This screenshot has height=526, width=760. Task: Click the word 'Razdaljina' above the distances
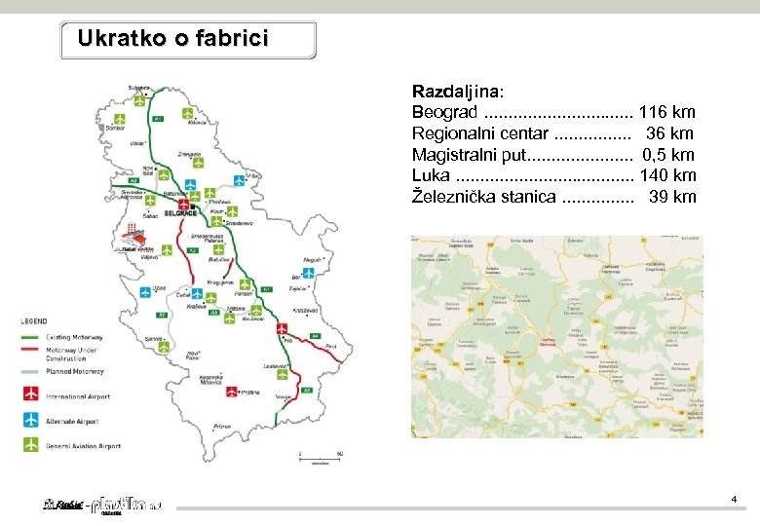click(456, 90)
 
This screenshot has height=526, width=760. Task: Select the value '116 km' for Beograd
click(666, 112)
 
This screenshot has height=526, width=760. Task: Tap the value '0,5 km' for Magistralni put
click(668, 155)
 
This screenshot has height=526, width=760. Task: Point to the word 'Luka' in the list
click(431, 176)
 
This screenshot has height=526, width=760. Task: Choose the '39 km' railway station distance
click(672, 198)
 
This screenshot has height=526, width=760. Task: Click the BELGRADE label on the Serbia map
click(180, 212)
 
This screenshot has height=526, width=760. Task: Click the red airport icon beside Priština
click(232, 393)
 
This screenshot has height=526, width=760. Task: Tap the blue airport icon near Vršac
click(239, 179)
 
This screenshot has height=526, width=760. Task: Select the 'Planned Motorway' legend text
click(75, 372)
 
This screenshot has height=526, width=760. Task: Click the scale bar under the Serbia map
click(320, 459)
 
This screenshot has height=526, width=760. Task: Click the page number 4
click(734, 500)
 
